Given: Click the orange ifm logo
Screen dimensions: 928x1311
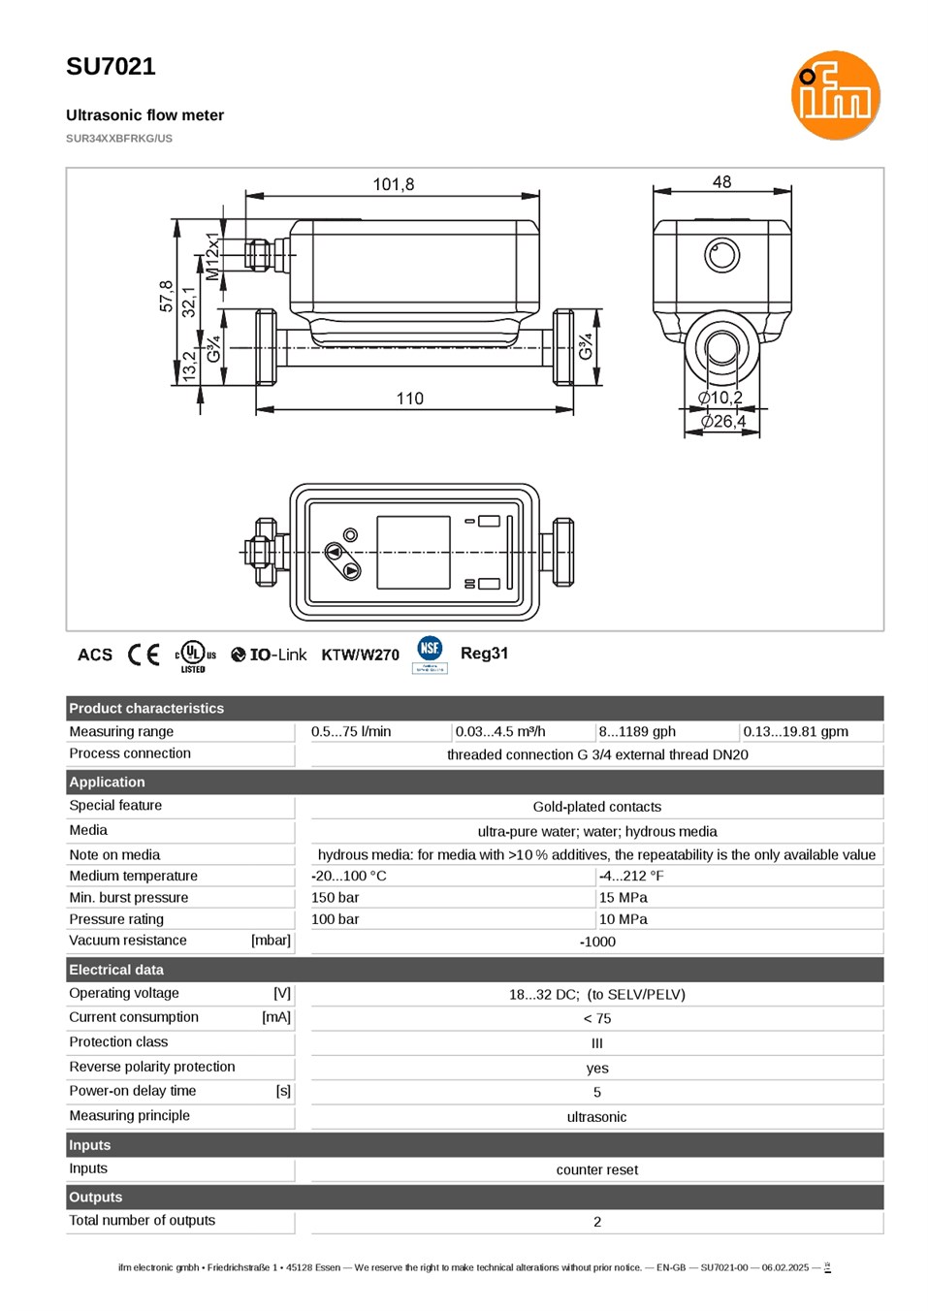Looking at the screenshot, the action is click(835, 95).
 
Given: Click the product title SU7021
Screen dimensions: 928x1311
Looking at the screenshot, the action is click(111, 66).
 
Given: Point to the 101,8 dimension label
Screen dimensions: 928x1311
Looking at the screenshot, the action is click(393, 184).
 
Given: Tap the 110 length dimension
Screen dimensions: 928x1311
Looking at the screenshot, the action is click(409, 399).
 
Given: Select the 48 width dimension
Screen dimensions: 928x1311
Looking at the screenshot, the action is click(721, 182).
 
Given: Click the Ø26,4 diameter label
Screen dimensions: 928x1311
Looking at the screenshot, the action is click(722, 422).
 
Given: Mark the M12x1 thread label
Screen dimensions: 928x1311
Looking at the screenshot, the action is click(212, 256).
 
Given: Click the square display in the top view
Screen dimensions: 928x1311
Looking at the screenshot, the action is click(413, 553).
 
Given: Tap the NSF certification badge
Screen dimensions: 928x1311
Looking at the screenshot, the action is click(430, 655).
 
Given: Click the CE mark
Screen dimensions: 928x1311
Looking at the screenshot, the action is click(144, 655).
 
